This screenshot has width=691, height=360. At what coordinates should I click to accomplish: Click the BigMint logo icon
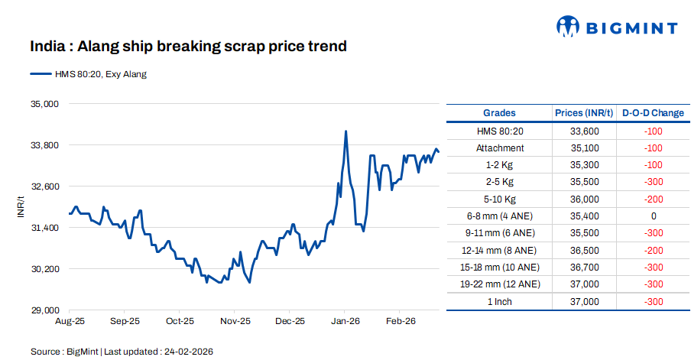pyautogui.click(x=567, y=27)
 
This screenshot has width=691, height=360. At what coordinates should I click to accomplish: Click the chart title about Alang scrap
pyautogui.click(x=188, y=47)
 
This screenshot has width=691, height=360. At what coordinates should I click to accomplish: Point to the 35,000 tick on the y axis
pyautogui.click(x=44, y=103)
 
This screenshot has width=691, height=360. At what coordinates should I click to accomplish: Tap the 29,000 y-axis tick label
pyautogui.click(x=44, y=310)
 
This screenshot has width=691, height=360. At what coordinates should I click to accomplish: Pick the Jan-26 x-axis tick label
pyautogui.click(x=345, y=322)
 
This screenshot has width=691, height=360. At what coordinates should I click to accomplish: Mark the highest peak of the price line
pyautogui.click(x=346, y=131)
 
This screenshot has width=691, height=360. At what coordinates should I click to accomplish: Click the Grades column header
pyautogui.click(x=499, y=113)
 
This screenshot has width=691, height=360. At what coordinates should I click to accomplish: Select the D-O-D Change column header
pyautogui.click(x=653, y=113)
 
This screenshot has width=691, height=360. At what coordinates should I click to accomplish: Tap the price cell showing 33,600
pyautogui.click(x=585, y=131)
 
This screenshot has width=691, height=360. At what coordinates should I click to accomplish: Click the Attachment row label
pyautogui.click(x=500, y=148)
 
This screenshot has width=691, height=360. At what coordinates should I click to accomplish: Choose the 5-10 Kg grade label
pyautogui.click(x=500, y=199)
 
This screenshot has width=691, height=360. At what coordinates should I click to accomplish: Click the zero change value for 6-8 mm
pyautogui.click(x=654, y=216)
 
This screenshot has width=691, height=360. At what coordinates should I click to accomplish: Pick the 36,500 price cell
pyautogui.click(x=585, y=250)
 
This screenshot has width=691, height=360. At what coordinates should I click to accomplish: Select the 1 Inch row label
pyautogui.click(x=500, y=301)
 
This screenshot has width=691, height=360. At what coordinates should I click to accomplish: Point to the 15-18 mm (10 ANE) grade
pyautogui.click(x=500, y=267)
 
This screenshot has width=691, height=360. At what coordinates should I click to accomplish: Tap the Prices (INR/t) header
pyautogui.click(x=584, y=113)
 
